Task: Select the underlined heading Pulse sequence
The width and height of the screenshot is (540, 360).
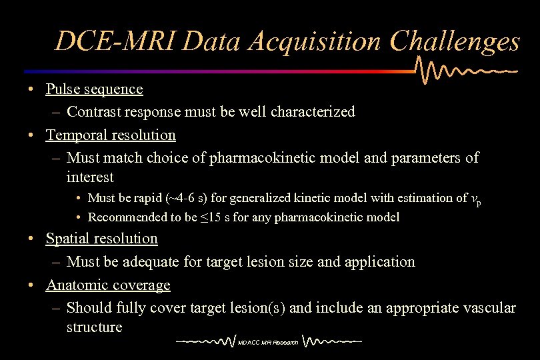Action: (x=94, y=89)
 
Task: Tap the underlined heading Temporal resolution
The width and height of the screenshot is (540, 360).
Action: (x=111, y=135)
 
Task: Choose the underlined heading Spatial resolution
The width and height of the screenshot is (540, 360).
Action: (x=101, y=238)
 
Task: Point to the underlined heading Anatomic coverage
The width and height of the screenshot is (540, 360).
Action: (x=108, y=285)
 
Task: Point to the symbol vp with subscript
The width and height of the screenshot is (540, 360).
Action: (x=476, y=199)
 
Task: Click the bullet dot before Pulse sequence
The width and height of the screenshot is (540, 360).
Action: (x=32, y=89)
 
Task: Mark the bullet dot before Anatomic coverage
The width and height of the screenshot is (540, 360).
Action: (x=32, y=285)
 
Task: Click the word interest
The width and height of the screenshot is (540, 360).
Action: (x=90, y=177)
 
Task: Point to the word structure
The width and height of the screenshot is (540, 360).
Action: (x=94, y=327)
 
